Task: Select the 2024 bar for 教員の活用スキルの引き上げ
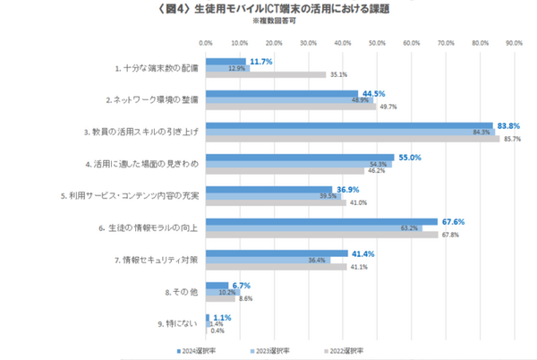[x=349, y=125]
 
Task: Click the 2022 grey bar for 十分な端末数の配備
[x=266, y=74]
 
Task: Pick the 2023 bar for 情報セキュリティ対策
[x=268, y=260]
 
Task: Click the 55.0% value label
[x=407, y=157]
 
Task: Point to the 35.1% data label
[x=338, y=74]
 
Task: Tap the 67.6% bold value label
[x=452, y=220]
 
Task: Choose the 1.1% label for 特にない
[x=222, y=316]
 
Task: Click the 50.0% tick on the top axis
[x=377, y=42]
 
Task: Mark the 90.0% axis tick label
[x=514, y=42]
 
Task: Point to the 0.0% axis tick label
[x=205, y=42]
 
